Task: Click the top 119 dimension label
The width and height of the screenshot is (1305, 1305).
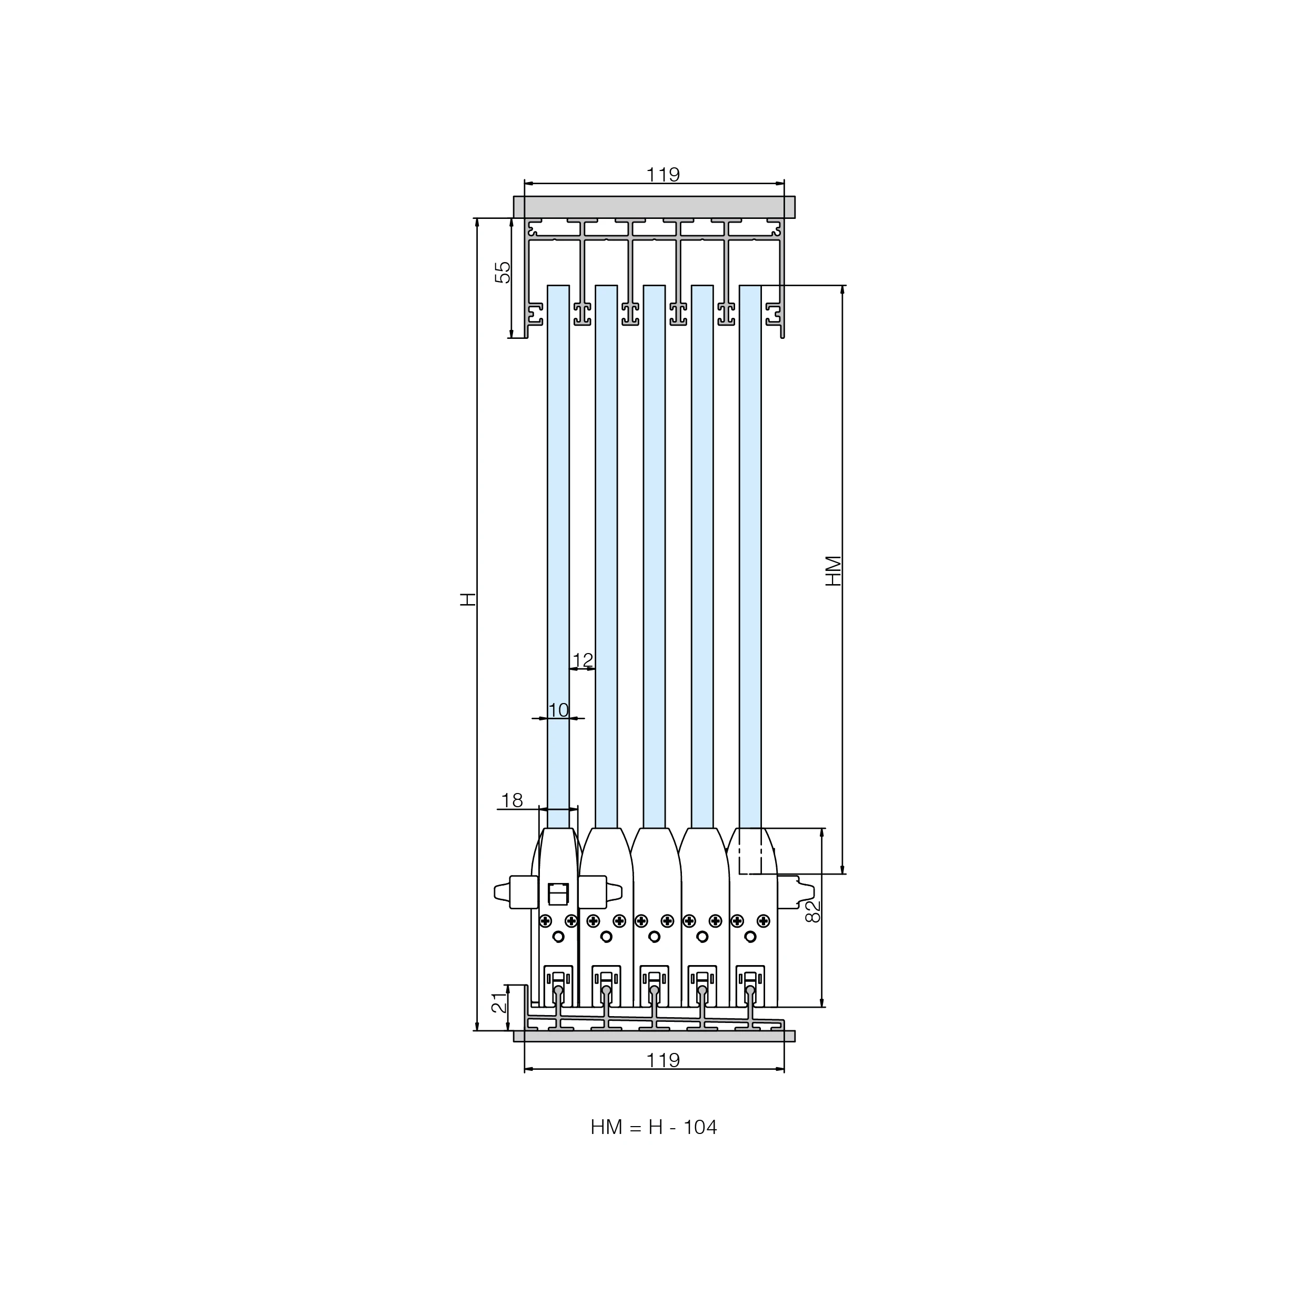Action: click(662, 174)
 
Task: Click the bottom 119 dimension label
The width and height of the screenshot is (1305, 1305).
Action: click(662, 1060)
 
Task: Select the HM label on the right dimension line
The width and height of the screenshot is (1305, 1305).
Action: click(834, 571)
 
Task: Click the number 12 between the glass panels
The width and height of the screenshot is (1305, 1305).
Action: click(583, 659)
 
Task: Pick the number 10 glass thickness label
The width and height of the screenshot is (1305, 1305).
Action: click(559, 710)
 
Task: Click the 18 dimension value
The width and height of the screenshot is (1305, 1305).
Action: click(512, 800)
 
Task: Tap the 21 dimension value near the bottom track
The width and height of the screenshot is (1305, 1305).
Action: click(498, 1002)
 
